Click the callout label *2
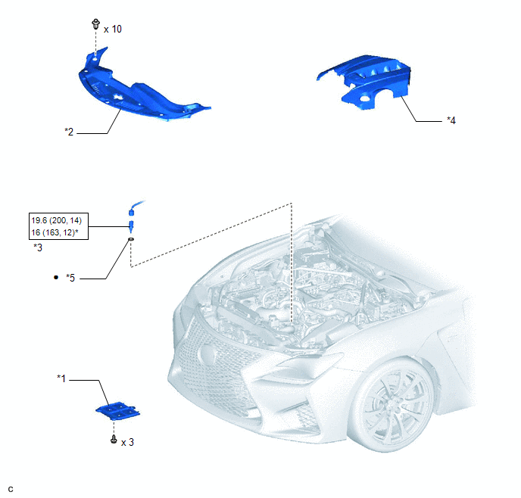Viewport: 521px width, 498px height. [69, 132]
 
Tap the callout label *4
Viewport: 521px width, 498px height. [451, 120]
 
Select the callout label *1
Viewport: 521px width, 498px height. [61, 378]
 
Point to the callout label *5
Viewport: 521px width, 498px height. [70, 278]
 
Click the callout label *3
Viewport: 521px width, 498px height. [38, 247]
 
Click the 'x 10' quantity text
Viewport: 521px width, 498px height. [113, 30]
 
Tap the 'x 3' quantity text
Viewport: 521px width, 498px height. [127, 442]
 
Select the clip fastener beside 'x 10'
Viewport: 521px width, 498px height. [95, 24]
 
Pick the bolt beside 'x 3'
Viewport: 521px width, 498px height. [114, 439]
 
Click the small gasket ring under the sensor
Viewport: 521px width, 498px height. [131, 239]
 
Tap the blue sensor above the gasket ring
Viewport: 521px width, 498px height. [133, 217]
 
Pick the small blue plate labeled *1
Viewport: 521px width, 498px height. [118, 411]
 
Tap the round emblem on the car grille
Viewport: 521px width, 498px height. [207, 354]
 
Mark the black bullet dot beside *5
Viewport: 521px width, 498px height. [56, 277]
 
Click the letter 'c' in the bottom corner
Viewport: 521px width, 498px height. [11, 489]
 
